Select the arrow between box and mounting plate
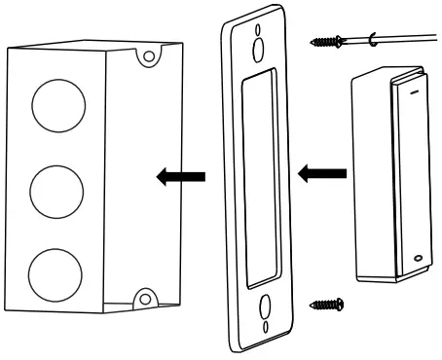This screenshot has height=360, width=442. [x=181, y=176]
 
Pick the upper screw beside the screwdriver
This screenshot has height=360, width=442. [x=327, y=42]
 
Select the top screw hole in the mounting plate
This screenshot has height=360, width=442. [x=257, y=47]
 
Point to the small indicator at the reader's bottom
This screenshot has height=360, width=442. [x=416, y=260]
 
